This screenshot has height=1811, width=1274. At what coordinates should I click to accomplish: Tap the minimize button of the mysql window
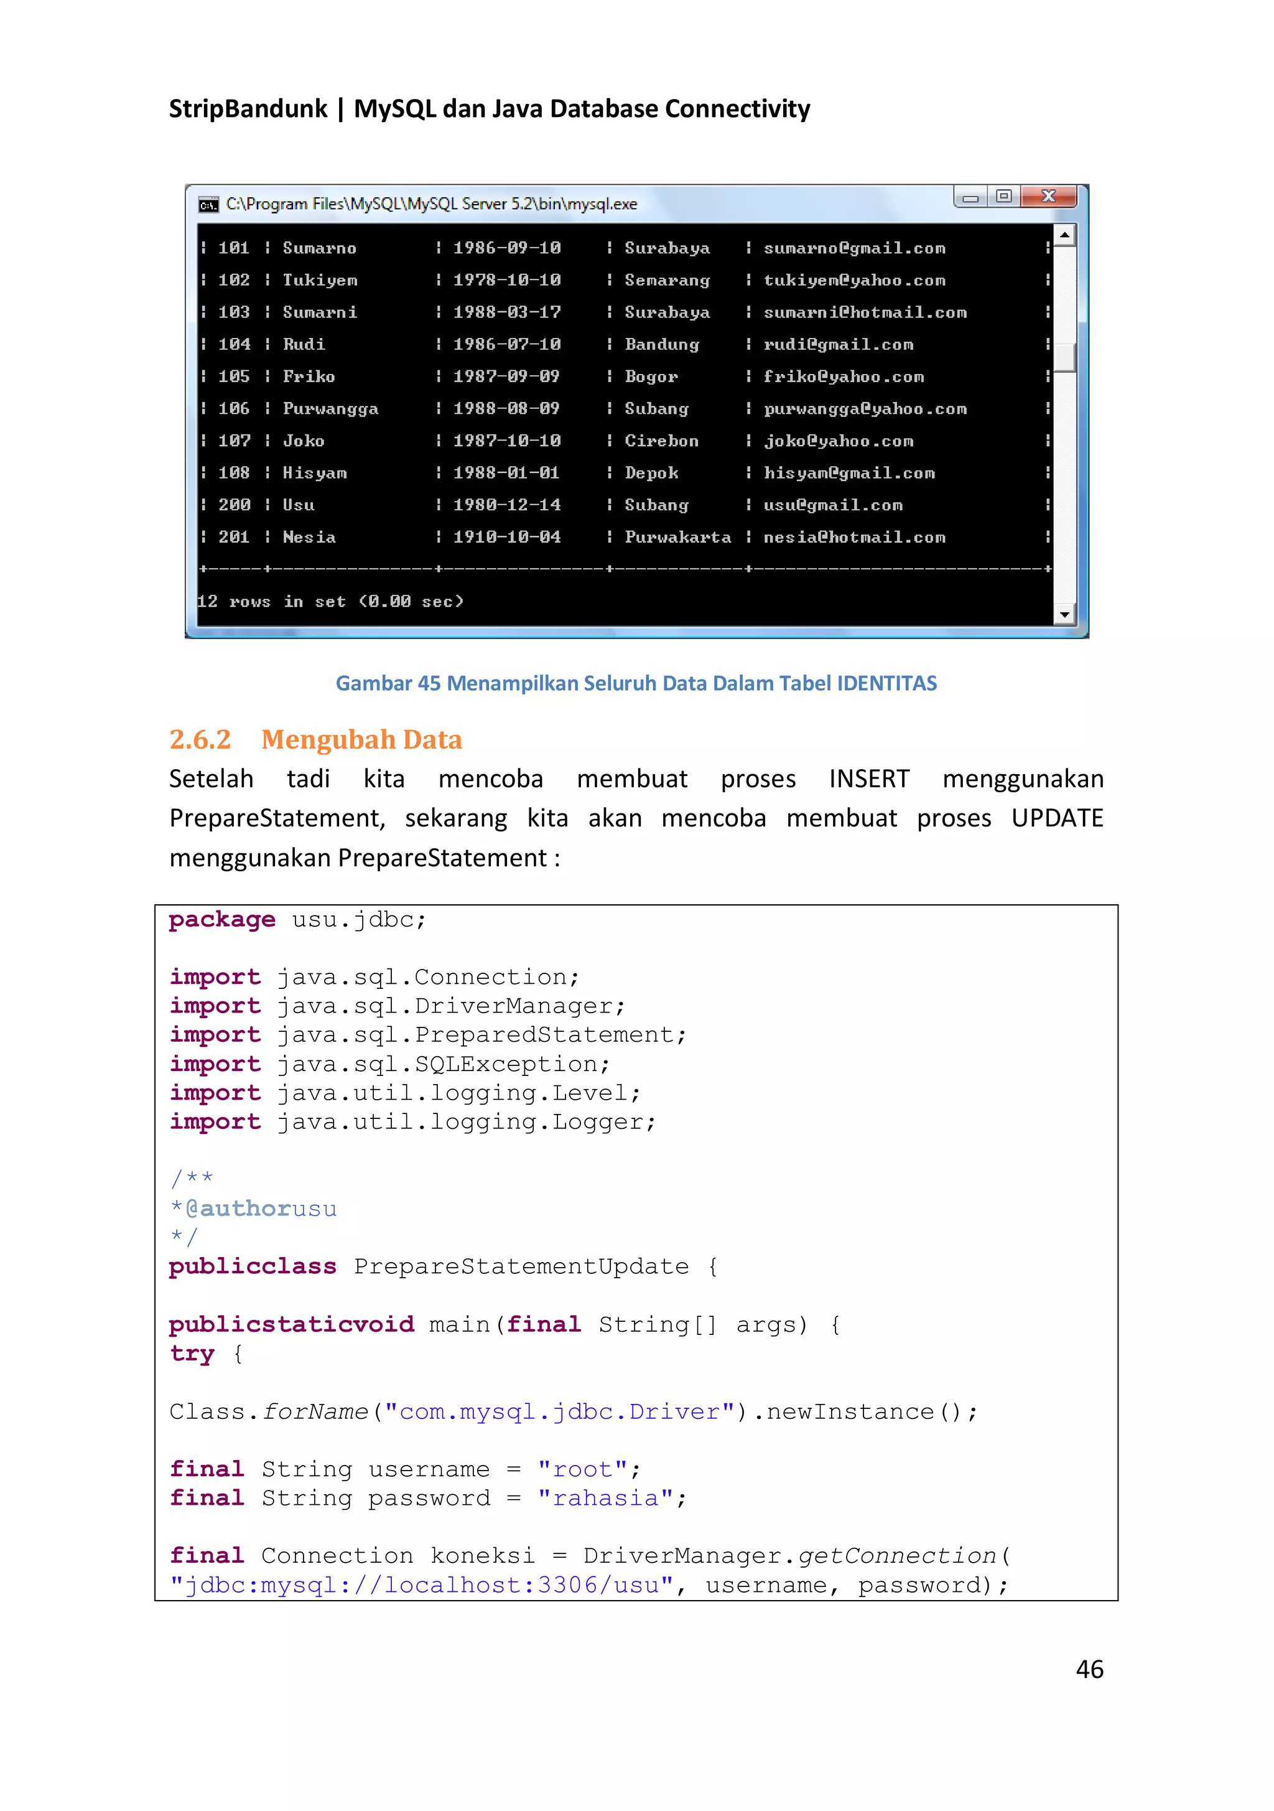click(970, 197)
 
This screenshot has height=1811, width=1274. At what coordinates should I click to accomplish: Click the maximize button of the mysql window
click(1003, 197)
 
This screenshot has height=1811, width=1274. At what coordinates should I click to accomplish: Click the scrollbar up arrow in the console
click(1064, 235)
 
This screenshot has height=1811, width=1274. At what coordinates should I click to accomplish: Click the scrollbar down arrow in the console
click(1064, 614)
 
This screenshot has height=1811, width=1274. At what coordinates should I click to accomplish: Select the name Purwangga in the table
click(330, 409)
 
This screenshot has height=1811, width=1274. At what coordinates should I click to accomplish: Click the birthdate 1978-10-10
click(507, 280)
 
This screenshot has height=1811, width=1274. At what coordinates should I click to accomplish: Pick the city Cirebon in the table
click(661, 441)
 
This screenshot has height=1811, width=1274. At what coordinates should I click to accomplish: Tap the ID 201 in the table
click(233, 537)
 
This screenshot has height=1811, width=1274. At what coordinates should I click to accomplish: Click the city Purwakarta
click(677, 537)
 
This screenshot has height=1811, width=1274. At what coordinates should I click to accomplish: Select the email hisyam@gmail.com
click(849, 473)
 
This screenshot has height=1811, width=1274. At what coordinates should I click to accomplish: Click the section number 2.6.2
click(200, 739)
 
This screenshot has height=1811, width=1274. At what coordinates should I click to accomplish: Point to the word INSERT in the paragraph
click(869, 779)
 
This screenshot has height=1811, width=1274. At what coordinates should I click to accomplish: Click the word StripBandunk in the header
click(248, 108)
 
